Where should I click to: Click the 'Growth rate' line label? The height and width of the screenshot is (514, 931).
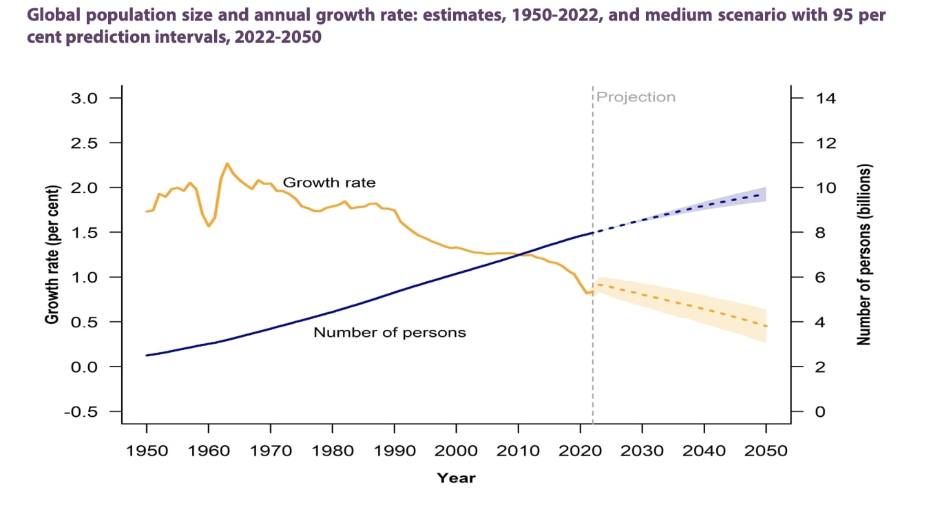329,183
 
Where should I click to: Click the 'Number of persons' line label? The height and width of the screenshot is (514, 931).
390,333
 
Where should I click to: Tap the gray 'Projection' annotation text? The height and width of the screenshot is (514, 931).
636,97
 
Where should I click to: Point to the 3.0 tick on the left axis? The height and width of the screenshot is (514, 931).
87,98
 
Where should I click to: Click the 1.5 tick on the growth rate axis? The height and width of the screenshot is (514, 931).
87,232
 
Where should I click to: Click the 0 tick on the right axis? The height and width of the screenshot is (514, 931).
820,411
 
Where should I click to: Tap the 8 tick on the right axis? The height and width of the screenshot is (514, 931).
820,232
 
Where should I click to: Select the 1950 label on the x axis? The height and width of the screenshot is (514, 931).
147,451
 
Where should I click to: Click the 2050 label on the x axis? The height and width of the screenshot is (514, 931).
766,451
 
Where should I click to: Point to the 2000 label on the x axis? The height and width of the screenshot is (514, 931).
456,451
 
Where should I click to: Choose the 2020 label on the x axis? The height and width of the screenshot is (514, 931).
580,451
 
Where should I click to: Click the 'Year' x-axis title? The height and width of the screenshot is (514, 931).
456,477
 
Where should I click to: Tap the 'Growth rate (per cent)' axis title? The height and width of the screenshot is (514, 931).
52,255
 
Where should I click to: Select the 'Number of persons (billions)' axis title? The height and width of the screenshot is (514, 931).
864,255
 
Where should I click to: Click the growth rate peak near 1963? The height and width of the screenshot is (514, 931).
227,163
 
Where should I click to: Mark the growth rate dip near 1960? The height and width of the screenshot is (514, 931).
209,226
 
